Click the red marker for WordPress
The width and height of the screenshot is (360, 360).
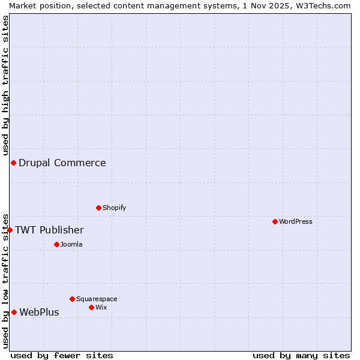tap(275, 221)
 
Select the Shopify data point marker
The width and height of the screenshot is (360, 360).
tap(98, 208)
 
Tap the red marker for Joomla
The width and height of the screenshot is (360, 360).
tap(56, 244)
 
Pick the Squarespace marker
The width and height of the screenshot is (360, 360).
tap(72, 299)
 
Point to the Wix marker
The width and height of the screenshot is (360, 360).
tap(91, 307)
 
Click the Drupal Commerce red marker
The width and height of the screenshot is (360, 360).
tap(13, 163)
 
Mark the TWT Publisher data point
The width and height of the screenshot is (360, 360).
tap(10, 230)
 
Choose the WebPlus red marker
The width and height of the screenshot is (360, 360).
tap(14, 312)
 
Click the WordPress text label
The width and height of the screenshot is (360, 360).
tap(296, 221)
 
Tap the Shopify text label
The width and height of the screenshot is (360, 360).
tap(115, 208)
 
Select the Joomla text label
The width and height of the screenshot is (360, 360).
tap(71, 244)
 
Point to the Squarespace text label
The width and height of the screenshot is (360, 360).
tap(97, 299)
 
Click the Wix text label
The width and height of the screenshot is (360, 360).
tap(101, 307)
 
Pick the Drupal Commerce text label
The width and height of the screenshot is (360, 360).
tap(62, 163)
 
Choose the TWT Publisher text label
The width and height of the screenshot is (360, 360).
tap(49, 230)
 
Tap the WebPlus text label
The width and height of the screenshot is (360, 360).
tap(39, 312)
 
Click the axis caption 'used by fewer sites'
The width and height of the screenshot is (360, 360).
tap(62, 355)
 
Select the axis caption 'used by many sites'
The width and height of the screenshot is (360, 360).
tap(301, 355)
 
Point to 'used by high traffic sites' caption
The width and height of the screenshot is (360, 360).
tap(5, 85)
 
